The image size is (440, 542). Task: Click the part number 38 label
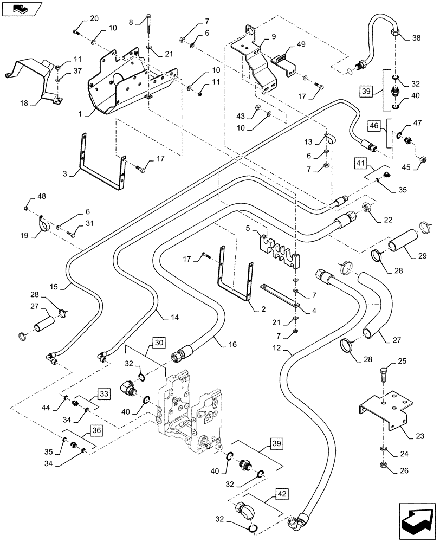416,38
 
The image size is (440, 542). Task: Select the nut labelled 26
383,464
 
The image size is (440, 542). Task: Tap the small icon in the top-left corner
19,8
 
